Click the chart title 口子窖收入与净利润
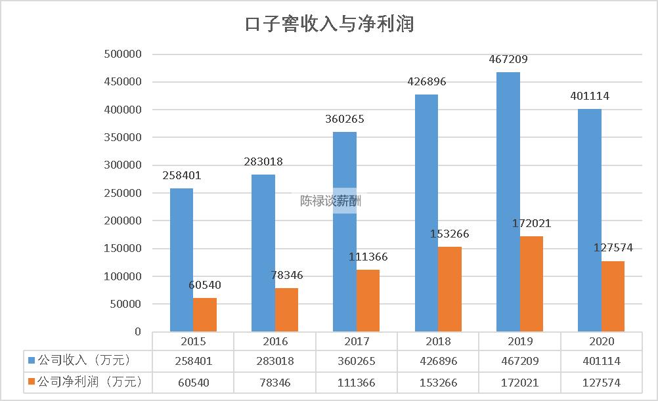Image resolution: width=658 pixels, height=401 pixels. click(x=329, y=24)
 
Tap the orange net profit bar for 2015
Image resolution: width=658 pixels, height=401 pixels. click(x=205, y=315)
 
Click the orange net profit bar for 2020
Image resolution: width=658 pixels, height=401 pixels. click(x=613, y=296)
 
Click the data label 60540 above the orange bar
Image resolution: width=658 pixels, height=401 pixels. click(x=205, y=285)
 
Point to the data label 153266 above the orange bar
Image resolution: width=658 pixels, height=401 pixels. click(x=449, y=234)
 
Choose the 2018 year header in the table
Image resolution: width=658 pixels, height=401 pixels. click(x=438, y=341)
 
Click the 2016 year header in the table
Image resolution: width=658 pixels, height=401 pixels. click(x=274, y=341)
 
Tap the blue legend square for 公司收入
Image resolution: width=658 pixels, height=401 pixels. click(x=32, y=360)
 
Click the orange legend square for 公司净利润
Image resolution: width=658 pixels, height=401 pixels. click(x=32, y=381)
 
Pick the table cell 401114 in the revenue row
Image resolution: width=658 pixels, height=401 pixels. click(x=602, y=361)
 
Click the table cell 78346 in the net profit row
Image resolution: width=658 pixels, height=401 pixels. click(x=274, y=382)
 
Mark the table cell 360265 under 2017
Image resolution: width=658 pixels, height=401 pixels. click(x=356, y=361)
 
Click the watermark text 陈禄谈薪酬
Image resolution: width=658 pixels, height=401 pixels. click(x=330, y=201)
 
